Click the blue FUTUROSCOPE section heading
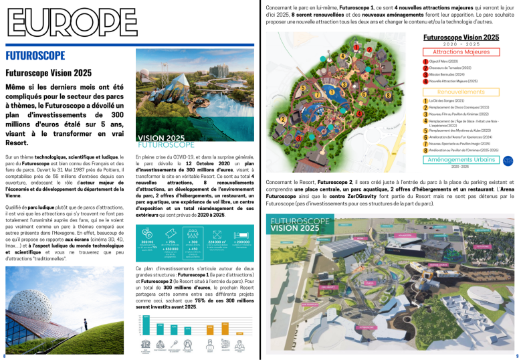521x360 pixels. (x=35, y=56)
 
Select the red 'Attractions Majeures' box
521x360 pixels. (x=461, y=52)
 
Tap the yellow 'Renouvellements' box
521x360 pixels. (x=461, y=91)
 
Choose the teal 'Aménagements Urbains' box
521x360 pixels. (x=461, y=160)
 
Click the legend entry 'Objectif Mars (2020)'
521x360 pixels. (x=445, y=61)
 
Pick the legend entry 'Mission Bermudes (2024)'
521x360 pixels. (x=446, y=74)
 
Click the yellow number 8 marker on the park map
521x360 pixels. (x=389, y=96)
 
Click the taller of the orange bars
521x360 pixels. (x=209, y=329)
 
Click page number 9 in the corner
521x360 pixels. (x=516, y=356)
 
